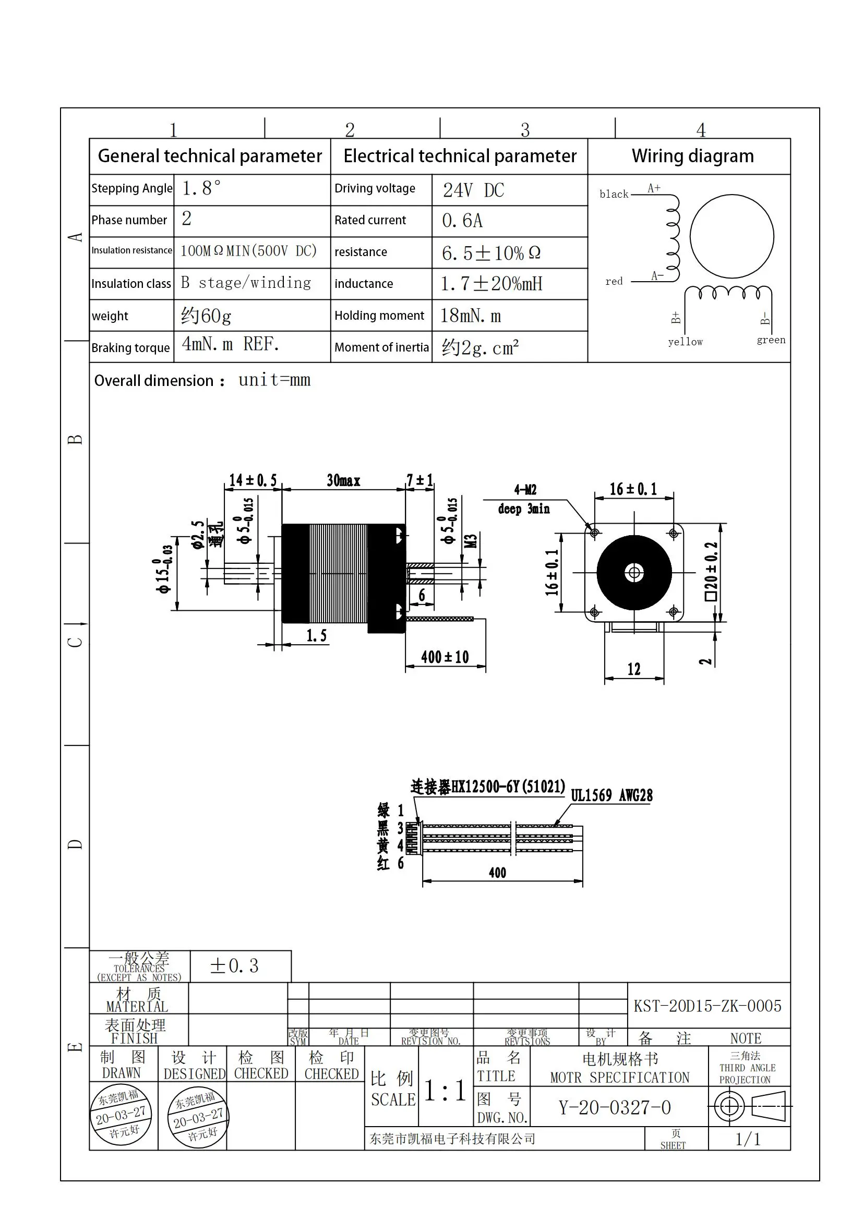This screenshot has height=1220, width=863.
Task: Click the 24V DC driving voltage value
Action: [x=473, y=190]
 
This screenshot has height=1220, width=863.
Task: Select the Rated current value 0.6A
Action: [x=462, y=221]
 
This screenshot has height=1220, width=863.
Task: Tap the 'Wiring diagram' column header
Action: [x=692, y=156]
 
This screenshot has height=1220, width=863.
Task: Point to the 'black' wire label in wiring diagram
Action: [x=614, y=195]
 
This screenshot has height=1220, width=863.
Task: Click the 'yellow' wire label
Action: [x=685, y=342]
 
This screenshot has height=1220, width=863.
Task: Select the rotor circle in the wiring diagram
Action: [x=732, y=236]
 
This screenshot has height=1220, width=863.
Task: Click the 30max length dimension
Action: [x=343, y=480]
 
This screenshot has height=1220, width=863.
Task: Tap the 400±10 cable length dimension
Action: [x=445, y=657]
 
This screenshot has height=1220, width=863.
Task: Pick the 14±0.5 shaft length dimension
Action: [x=253, y=480]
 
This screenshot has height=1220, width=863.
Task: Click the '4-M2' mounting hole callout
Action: [x=525, y=490]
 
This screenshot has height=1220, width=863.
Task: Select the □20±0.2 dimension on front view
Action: [x=711, y=571]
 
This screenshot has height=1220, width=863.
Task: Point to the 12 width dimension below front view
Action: [x=633, y=669]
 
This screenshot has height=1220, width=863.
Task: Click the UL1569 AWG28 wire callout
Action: [x=612, y=795]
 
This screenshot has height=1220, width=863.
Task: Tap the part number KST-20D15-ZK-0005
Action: [x=708, y=1006]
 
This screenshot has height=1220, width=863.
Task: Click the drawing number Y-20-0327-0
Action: [x=614, y=1107]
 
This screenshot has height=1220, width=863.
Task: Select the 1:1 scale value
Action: [x=445, y=1091]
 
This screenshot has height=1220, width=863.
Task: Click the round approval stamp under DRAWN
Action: [x=121, y=1115]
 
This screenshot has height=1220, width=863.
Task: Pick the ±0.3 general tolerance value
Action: [x=234, y=965]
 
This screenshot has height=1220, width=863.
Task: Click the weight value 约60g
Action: [x=206, y=316]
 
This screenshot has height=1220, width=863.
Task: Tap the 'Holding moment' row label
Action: [x=379, y=316]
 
